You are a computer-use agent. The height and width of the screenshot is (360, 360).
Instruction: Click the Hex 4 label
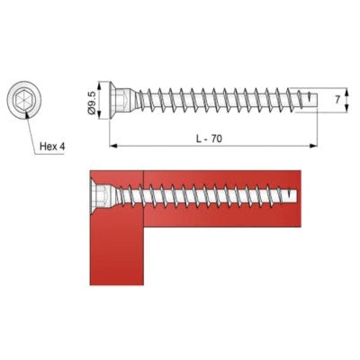click(x=52, y=147)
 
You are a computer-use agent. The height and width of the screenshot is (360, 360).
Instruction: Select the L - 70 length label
click(x=210, y=139)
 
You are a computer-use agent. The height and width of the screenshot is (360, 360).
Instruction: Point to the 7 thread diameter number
click(x=337, y=100)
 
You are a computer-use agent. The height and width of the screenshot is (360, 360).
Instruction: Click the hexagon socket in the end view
click(x=23, y=98)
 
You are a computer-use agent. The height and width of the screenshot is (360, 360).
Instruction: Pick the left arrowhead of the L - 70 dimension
click(x=112, y=146)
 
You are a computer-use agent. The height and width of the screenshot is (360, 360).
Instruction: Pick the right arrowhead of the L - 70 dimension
click(x=313, y=146)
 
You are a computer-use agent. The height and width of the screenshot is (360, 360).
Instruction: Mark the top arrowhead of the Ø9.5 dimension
click(x=100, y=85)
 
